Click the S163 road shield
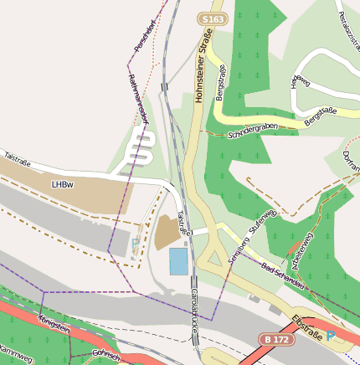point(213,18)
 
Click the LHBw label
point(62,184)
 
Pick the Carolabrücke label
point(193,308)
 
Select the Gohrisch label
point(106,356)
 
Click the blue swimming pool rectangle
point(178,261)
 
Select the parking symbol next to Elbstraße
point(330,336)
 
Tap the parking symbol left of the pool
point(136,245)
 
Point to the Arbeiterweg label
point(301,249)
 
